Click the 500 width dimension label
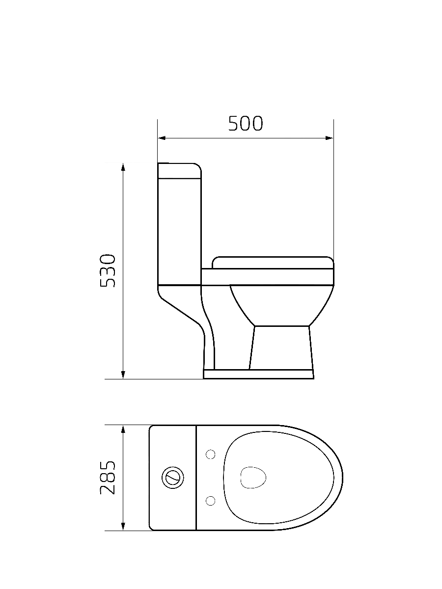246,124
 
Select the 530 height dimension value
108,270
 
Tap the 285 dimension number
108,478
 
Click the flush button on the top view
173,478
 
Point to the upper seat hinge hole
211,455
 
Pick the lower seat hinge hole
211,500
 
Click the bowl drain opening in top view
253,477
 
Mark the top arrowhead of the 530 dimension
123,167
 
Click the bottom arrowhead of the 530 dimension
123,375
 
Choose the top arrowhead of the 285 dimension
123,429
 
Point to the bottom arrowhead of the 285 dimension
123,527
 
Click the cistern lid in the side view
179,170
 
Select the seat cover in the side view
273,263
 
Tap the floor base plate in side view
259,375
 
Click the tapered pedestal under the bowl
281,347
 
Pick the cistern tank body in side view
179,231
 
